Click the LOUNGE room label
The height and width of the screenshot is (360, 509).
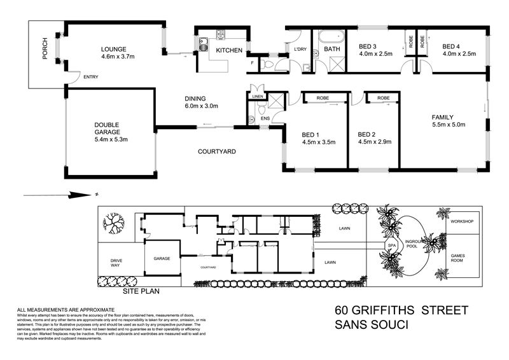click(x=115, y=49)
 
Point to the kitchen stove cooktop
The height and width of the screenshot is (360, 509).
click(x=223, y=34)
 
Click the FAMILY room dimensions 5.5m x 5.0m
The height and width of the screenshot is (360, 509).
click(x=449, y=125)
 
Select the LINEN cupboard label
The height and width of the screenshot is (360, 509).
click(x=257, y=97)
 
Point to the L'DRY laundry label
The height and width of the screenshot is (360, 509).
click(x=300, y=49)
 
